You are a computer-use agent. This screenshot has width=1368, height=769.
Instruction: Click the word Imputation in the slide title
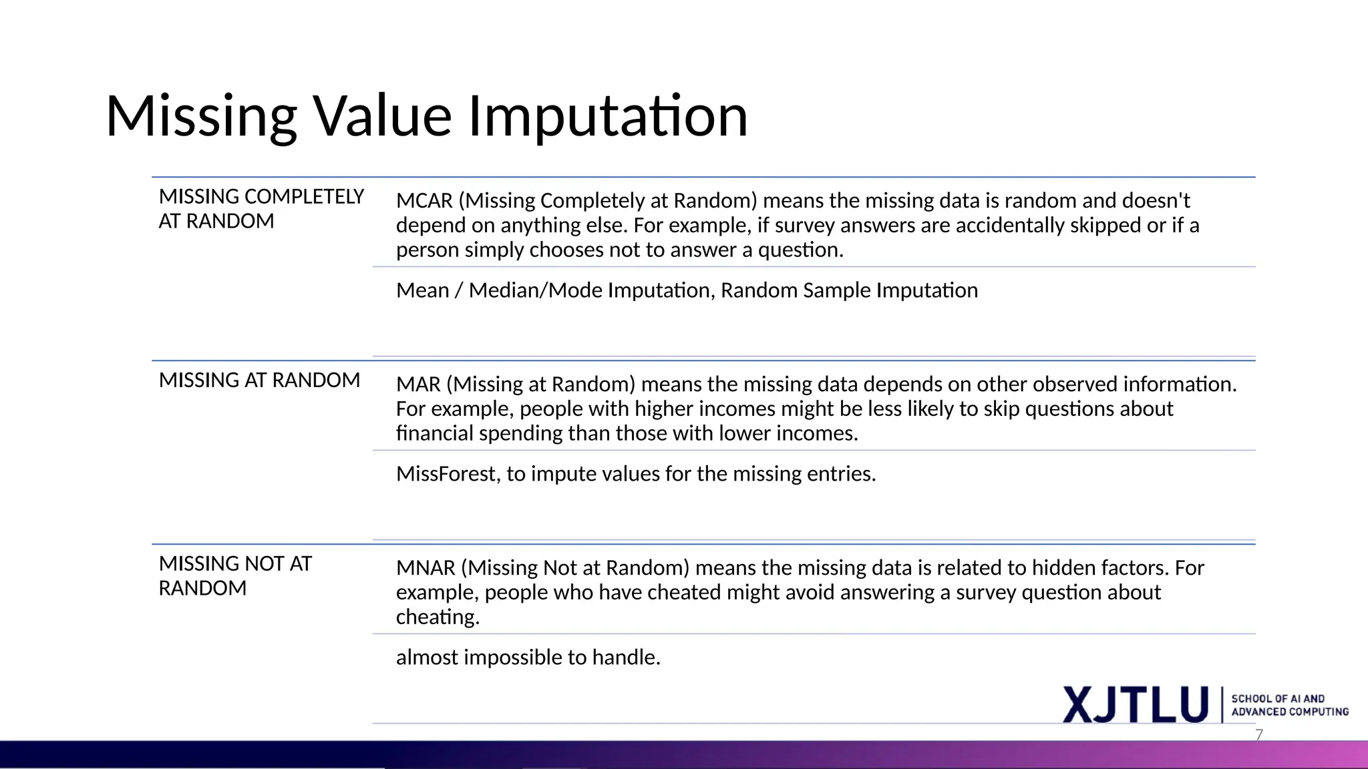608,117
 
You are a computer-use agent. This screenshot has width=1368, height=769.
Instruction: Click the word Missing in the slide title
201,117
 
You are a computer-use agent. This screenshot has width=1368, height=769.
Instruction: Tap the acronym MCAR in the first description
424,201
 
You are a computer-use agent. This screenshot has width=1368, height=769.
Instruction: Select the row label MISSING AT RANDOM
259,380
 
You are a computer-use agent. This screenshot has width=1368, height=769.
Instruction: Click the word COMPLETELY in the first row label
304,197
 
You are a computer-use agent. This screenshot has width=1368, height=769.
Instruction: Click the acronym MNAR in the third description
425,568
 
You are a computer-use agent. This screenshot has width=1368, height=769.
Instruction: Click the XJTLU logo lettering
1136,705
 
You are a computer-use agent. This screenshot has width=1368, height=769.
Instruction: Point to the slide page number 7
1259,735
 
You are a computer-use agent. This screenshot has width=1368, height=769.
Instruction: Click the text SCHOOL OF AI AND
1278,699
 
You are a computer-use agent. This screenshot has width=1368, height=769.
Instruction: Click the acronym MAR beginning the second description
418,384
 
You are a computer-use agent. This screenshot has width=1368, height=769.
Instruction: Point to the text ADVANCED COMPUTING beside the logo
1290,712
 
